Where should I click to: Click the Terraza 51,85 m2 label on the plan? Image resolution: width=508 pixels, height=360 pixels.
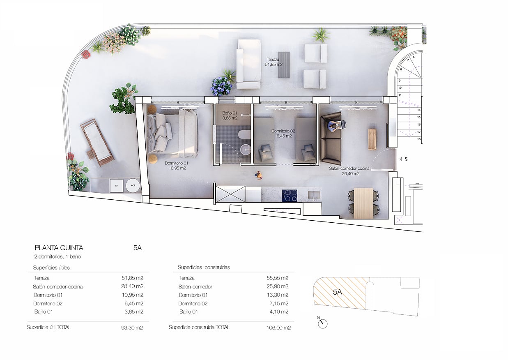point(274,62)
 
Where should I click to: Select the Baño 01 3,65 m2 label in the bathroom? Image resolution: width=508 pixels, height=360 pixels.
point(230,115)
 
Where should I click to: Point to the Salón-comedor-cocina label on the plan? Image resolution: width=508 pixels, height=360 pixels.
point(349,168)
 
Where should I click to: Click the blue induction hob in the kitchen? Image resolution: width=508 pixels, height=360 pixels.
point(290,196)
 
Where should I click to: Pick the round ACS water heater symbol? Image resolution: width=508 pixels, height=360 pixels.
point(133,186)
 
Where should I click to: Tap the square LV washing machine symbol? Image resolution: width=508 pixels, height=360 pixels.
point(117,186)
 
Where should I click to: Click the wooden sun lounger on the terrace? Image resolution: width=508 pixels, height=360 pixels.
point(97,142)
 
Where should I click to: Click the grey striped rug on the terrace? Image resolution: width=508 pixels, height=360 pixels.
point(284,65)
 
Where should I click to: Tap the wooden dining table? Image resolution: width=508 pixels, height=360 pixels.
point(363,203)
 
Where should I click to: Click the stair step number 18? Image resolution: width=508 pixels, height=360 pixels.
point(418,139)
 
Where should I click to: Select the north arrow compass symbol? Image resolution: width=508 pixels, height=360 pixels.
point(322,323)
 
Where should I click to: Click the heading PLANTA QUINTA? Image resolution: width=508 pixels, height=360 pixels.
point(59,248)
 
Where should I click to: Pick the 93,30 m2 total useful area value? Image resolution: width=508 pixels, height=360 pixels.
point(132,328)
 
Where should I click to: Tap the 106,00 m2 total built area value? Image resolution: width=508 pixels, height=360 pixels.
point(278,328)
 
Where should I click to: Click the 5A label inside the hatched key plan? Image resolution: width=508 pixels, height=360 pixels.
point(337,292)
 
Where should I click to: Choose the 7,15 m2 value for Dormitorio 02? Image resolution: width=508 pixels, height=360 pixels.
point(279,303)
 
